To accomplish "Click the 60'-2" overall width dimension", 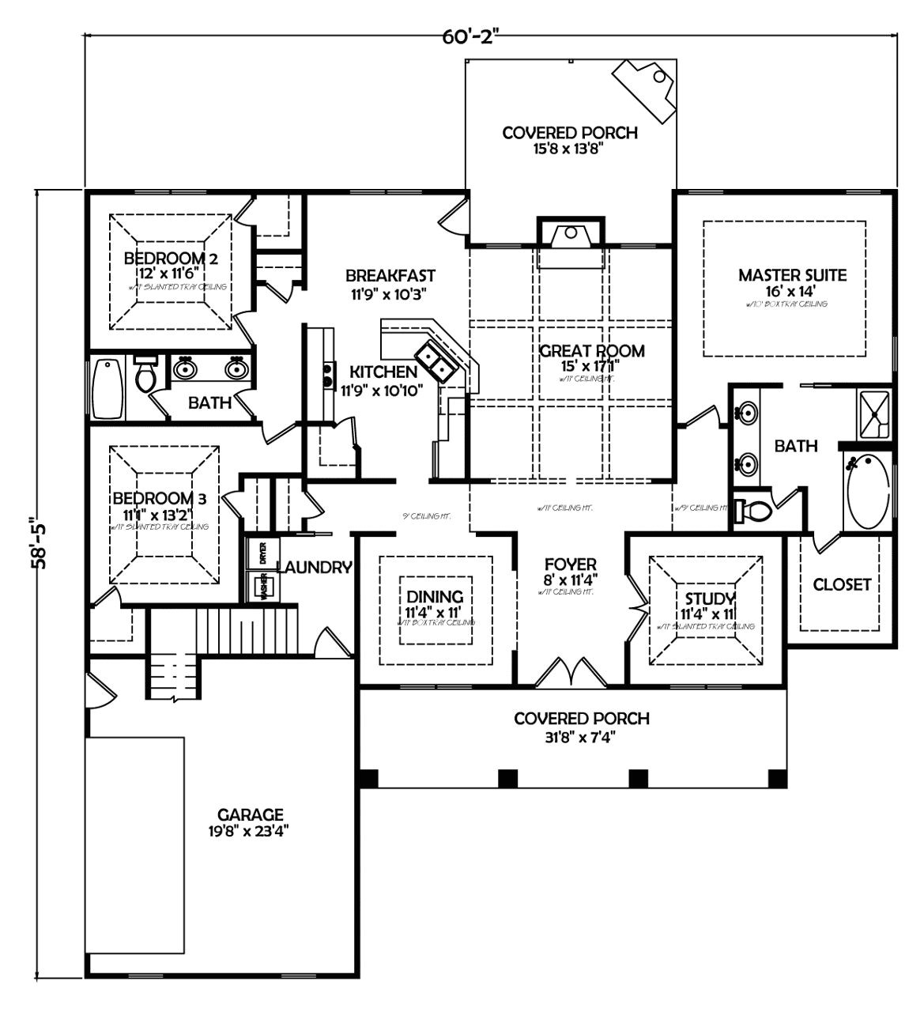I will pyautogui.click(x=472, y=37).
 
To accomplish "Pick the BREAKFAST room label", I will pyautogui.click(x=390, y=276).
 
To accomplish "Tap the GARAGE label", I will pyautogui.click(x=251, y=814).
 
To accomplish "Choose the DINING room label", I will pyautogui.click(x=435, y=597).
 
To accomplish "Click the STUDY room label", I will pyautogui.click(x=710, y=598).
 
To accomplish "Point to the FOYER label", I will pyautogui.click(x=570, y=565).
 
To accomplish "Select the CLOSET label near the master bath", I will pyautogui.click(x=842, y=584).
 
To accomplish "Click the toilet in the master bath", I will pyautogui.click(x=752, y=511).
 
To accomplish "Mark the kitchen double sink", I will pyautogui.click(x=433, y=361).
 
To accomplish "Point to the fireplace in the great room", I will pyautogui.click(x=570, y=234).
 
